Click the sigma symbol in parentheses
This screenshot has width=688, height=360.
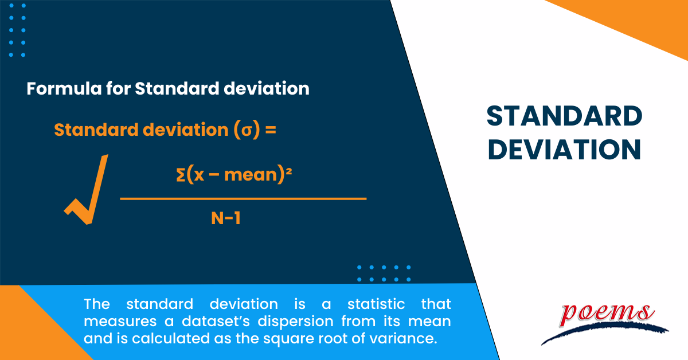pyautogui.click(x=246, y=131)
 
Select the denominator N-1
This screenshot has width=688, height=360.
pyautogui.click(x=224, y=218)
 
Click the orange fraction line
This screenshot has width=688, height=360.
pyautogui.click(x=243, y=198)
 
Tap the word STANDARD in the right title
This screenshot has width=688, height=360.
pyautogui.click(x=564, y=117)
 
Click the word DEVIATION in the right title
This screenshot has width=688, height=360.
pyautogui.click(x=564, y=150)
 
